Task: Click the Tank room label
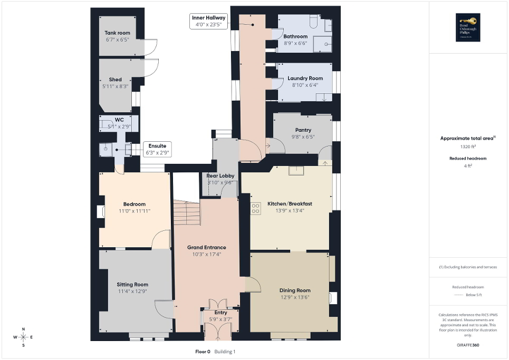click(117, 33)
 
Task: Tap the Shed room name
click(115, 80)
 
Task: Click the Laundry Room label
click(305, 78)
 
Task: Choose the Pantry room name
click(303, 130)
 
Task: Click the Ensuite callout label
click(157, 146)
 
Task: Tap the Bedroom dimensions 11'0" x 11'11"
click(134, 211)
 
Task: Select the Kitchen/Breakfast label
click(290, 203)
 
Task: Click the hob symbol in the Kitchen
click(256, 208)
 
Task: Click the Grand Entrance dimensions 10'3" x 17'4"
click(206, 254)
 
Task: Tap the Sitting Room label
click(132, 284)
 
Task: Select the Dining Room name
click(295, 290)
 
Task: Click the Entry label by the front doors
click(220, 313)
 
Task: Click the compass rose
click(23, 337)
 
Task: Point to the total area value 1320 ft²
click(468, 147)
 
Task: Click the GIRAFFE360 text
click(468, 345)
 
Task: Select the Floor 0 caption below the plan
click(203, 351)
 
